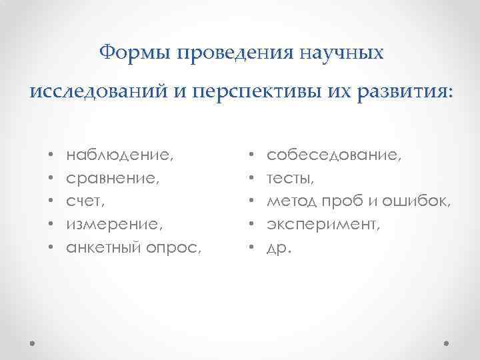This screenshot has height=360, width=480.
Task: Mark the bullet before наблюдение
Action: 50,157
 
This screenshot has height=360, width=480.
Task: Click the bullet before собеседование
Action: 251,157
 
